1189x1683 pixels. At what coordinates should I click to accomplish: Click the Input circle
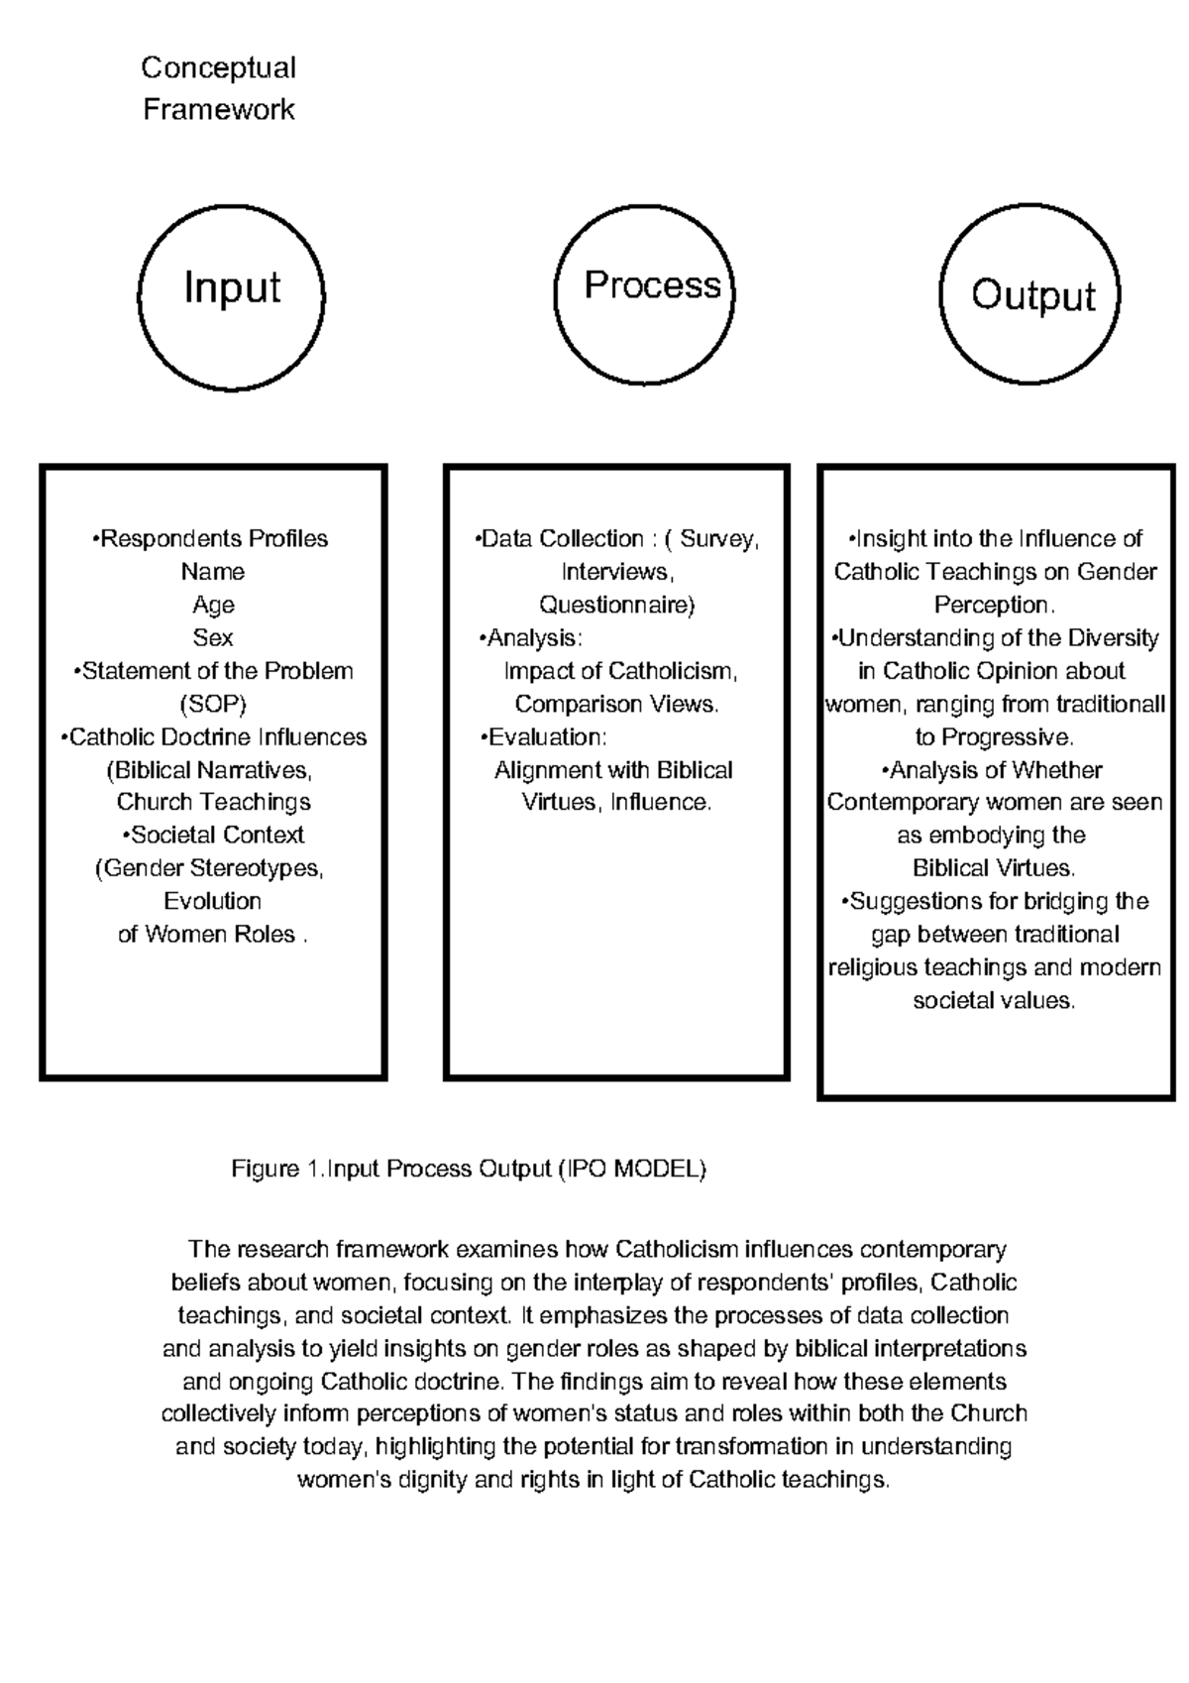pos(231,295)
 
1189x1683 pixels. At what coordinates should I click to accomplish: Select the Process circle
pos(645,294)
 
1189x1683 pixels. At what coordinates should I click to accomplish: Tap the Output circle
pos(1030,294)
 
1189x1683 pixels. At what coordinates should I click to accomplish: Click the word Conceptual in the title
pos(218,67)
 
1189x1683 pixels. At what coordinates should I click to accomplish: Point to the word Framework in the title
pos(218,109)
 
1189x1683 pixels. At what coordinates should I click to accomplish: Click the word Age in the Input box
pos(213,605)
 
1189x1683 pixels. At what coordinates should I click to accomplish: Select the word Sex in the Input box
pos(213,637)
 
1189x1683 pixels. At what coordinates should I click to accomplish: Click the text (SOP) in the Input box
pos(213,704)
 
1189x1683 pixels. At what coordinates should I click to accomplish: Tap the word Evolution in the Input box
pos(213,901)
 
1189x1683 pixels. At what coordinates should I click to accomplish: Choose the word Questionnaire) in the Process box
pos(616,605)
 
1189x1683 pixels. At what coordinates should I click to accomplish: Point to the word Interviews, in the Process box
pos(616,572)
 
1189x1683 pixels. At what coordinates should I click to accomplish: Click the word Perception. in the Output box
pos(995,605)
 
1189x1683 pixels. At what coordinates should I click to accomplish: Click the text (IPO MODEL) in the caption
pos(632,1169)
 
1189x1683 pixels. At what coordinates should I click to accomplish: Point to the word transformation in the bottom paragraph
pos(733,1447)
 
